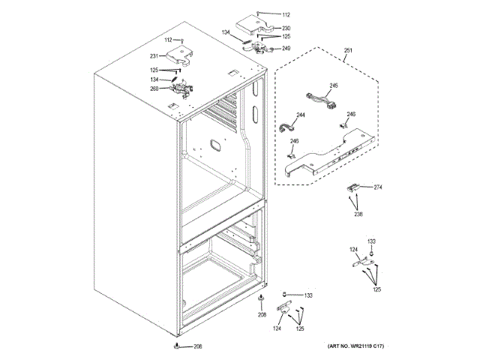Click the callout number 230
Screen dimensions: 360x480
286,28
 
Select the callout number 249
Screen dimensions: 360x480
286,49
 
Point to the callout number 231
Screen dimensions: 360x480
154,55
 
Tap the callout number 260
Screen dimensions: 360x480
154,89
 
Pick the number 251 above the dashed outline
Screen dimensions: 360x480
348,51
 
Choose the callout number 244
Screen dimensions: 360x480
300,115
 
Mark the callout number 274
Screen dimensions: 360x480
378,187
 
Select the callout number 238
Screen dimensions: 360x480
358,214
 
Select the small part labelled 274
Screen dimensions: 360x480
354,187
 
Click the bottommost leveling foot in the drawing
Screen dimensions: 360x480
176,346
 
